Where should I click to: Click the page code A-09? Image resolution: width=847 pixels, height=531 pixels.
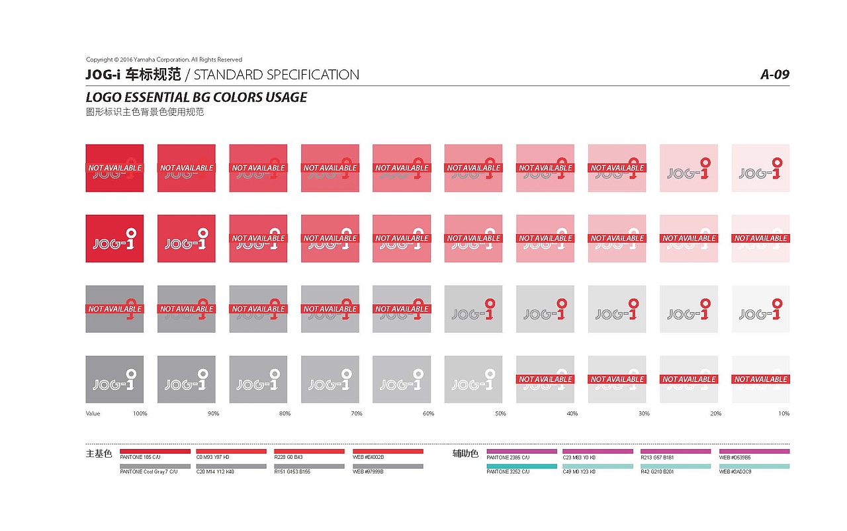[774, 75]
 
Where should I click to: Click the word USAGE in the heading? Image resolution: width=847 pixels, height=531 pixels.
[286, 97]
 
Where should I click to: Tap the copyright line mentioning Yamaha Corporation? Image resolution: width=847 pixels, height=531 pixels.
[164, 60]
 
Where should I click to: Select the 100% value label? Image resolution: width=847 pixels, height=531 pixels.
[140, 414]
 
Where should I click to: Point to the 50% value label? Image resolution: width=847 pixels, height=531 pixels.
[500, 414]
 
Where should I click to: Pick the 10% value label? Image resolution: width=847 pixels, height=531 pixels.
[783, 414]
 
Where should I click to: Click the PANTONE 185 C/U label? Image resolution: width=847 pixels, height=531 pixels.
[140, 458]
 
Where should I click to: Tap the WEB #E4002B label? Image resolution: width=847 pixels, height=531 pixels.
[369, 458]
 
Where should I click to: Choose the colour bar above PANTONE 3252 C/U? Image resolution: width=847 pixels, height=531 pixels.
[521, 466]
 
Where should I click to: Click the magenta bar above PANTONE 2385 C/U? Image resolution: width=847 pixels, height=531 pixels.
[521, 451]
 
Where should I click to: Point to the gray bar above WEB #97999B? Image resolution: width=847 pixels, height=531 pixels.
[388, 466]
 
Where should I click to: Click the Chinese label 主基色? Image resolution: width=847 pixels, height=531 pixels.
[99, 454]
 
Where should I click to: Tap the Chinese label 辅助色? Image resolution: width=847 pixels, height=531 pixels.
[465, 454]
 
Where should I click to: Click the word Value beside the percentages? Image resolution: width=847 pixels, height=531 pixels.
[93, 414]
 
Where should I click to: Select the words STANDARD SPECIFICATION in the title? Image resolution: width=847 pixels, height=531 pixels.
[277, 75]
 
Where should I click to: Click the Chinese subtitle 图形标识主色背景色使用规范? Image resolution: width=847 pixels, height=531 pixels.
[145, 112]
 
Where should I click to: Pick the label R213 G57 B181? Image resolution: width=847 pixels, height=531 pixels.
[657, 458]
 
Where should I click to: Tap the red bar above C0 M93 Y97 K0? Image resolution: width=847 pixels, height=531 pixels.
[231, 451]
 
